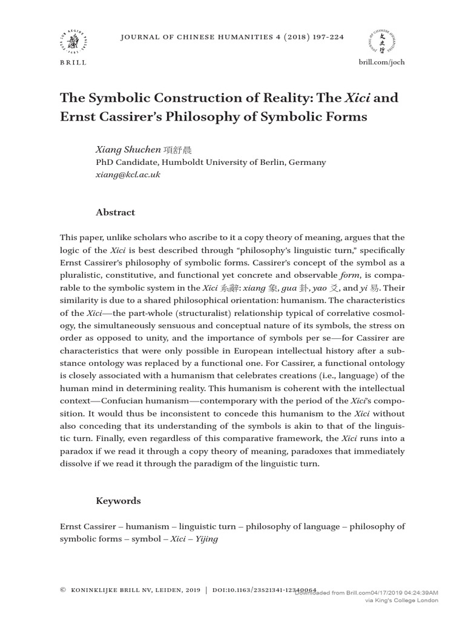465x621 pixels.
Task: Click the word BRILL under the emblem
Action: pyautogui.click(x=73, y=62)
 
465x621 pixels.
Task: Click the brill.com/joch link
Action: pyautogui.click(x=382, y=62)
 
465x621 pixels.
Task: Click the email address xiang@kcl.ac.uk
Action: pyautogui.click(x=128, y=175)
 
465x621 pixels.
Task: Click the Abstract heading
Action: pyautogui.click(x=115, y=212)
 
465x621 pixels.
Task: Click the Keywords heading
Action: pyautogui.click(x=118, y=501)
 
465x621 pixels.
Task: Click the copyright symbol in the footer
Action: pyautogui.click(x=64, y=589)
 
